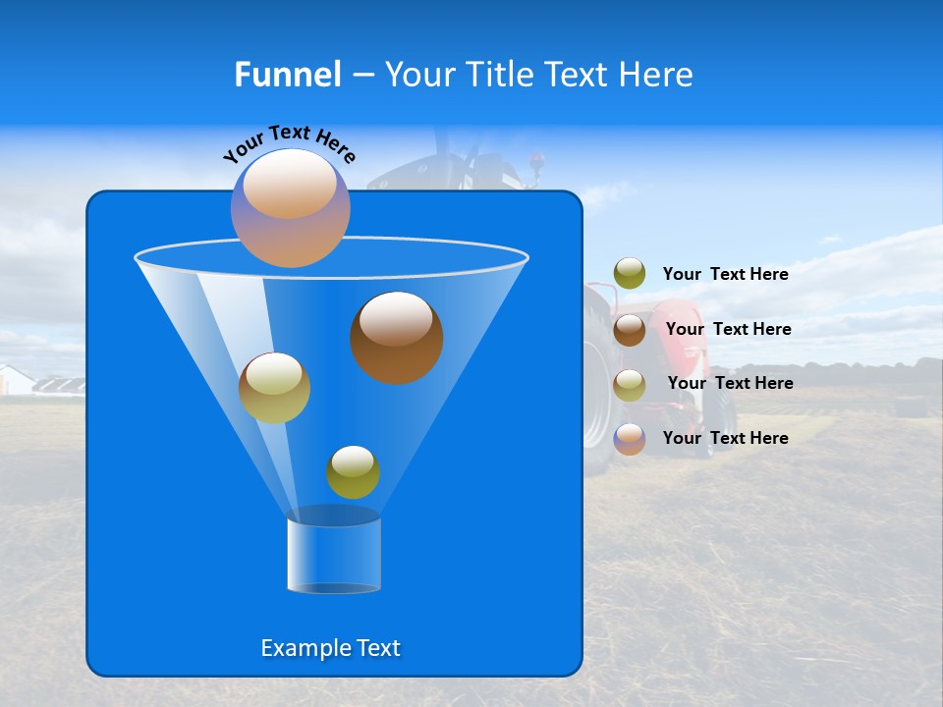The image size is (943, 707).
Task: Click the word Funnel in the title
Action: point(288,75)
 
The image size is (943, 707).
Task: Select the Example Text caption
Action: point(330,648)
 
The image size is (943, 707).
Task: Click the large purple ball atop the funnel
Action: point(291,208)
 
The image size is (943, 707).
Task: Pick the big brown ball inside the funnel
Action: point(397,338)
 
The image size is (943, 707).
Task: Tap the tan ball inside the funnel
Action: point(274,388)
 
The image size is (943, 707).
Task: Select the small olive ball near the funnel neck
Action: point(353,472)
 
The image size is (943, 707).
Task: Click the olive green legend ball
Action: point(630,274)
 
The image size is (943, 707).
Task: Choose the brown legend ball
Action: point(630,329)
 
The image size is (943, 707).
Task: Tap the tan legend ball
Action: point(630,384)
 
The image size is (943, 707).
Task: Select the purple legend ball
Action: point(630,439)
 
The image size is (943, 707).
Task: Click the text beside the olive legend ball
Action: point(725,274)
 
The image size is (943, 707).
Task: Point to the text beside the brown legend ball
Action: point(728,329)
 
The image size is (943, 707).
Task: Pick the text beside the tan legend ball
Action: point(730,383)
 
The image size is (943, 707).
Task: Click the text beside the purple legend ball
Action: point(725,438)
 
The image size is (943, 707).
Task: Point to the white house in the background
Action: point(15,379)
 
